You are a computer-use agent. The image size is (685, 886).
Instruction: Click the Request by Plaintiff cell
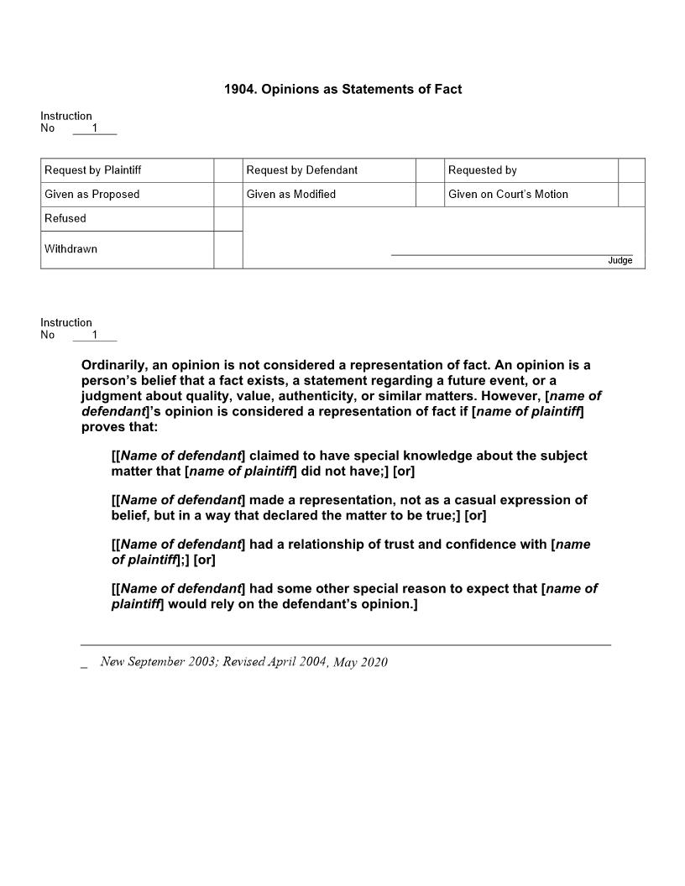[x=93, y=170]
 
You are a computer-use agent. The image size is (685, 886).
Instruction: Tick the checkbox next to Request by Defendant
[x=430, y=170]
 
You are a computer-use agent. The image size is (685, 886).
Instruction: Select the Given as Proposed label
[x=92, y=195]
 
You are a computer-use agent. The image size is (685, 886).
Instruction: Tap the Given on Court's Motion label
[x=508, y=195]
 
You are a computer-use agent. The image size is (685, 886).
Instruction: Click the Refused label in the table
[x=65, y=219]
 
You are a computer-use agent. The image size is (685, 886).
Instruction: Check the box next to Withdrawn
[x=227, y=250]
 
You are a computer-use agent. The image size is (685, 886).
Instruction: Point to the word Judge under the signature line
[x=620, y=261]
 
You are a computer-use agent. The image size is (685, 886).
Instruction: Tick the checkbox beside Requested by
[x=631, y=170]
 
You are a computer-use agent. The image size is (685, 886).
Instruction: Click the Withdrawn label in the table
[x=71, y=249]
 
